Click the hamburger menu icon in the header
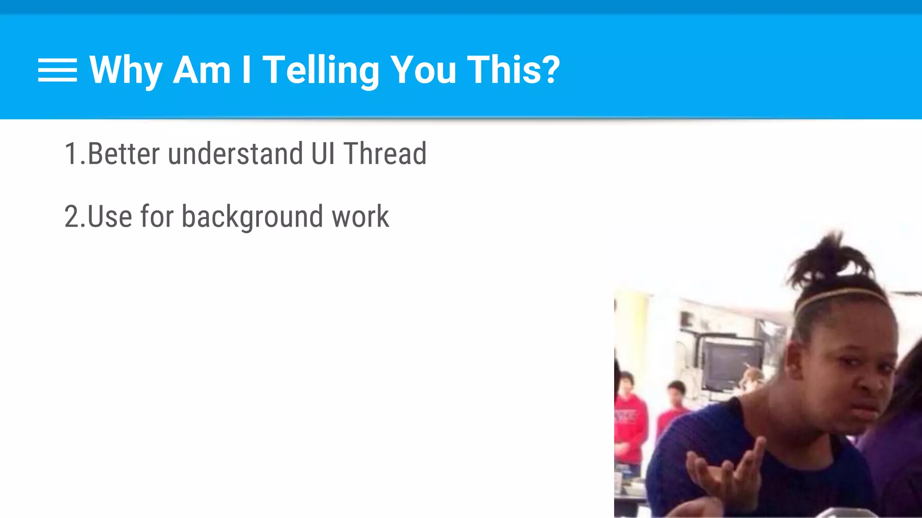[x=57, y=70]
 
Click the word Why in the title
[x=126, y=70]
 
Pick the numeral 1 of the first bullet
[x=71, y=154]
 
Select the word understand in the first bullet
[x=235, y=154]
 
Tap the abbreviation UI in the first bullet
[x=323, y=154]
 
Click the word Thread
[x=385, y=154]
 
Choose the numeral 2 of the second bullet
[x=72, y=217]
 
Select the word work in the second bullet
[x=360, y=217]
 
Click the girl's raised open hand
[x=725, y=472]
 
